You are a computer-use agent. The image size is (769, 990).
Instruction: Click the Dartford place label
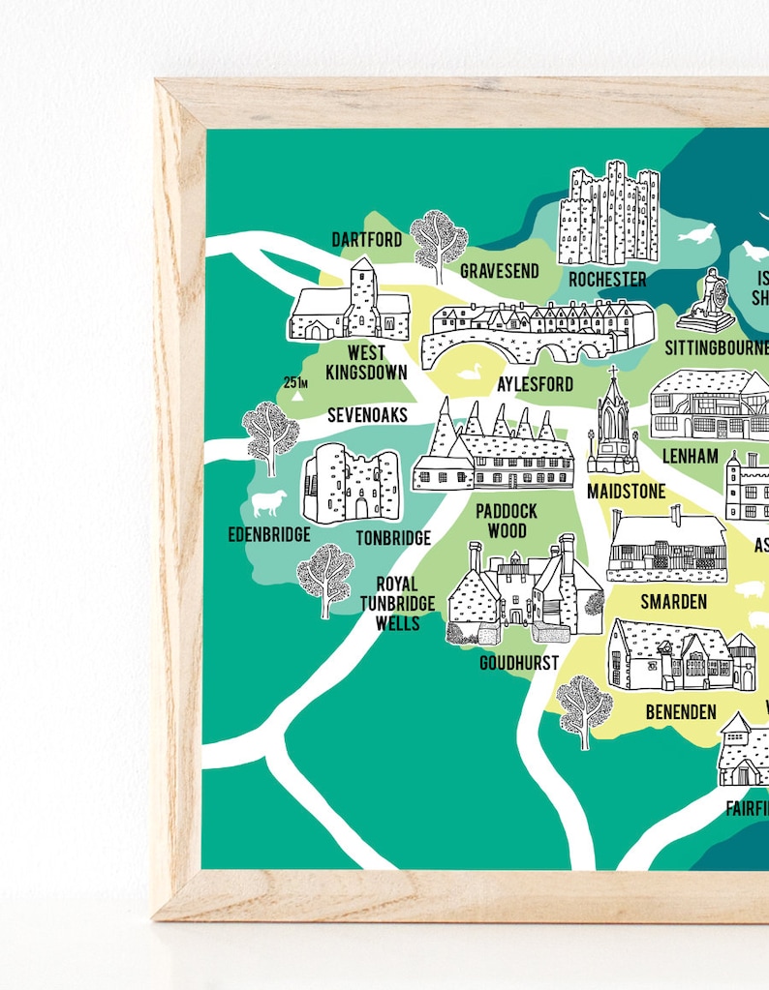tap(366, 239)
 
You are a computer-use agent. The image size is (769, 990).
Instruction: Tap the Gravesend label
tap(499, 271)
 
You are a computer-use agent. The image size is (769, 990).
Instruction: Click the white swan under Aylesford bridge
tap(470, 372)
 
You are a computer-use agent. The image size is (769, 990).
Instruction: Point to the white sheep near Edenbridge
tap(269, 502)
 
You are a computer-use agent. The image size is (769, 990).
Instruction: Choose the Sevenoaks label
tap(367, 415)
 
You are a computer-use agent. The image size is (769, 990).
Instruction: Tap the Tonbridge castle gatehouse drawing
tap(350, 484)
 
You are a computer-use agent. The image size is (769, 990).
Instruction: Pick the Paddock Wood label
tap(506, 521)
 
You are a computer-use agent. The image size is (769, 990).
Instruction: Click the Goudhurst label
tap(519, 663)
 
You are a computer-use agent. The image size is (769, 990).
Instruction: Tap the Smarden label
tap(673, 602)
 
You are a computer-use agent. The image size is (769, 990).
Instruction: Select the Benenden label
tap(681, 712)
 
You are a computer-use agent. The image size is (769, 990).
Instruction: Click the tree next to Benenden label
tap(584, 709)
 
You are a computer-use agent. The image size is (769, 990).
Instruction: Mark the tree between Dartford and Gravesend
tap(438, 240)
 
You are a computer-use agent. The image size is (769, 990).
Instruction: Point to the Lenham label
tap(690, 455)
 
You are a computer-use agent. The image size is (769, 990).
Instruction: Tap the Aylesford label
tap(535, 384)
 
